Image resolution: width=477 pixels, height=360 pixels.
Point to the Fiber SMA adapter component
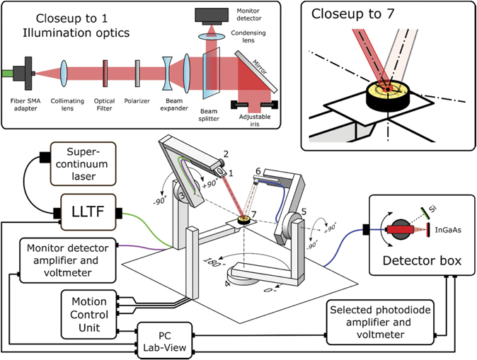pyautogui.click(x=28, y=72)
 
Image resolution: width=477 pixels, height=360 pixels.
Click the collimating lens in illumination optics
pyautogui.click(x=64, y=73)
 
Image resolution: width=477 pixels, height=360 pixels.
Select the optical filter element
pyautogui.click(x=105, y=73)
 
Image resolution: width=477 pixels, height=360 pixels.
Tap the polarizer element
pyautogui.click(x=136, y=73)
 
